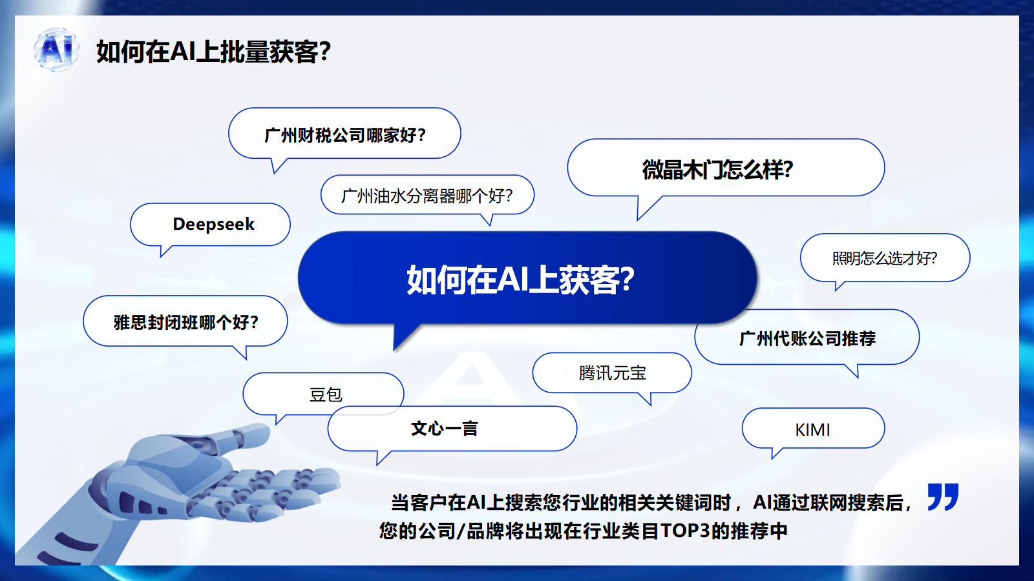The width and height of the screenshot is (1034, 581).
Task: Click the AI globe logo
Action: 56,49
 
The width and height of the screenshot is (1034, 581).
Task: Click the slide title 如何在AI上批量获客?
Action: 214,52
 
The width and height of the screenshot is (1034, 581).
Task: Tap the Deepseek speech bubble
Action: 211,225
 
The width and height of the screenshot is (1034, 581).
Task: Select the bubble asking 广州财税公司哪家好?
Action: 344,134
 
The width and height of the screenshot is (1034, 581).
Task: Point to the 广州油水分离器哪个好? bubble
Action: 427,196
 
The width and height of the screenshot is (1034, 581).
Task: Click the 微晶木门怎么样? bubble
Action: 726,168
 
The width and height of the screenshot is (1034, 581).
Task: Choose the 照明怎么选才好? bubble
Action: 885,258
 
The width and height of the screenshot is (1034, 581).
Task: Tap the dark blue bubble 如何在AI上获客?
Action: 527,278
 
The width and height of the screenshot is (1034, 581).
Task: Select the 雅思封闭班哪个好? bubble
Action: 185,321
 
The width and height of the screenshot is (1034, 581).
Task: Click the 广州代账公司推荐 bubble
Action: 807,338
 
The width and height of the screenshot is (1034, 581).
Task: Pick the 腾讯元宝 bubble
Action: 612,373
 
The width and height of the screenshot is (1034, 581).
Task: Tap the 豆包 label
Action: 326,394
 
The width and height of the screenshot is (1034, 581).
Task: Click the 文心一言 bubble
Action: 452,429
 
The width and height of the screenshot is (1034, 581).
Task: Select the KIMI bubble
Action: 814,429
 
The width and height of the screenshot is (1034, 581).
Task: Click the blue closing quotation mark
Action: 943,496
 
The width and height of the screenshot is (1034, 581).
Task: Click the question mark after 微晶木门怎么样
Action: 788,169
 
